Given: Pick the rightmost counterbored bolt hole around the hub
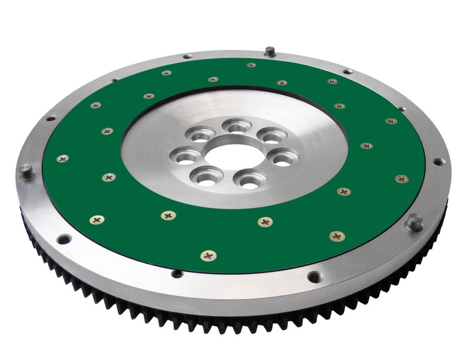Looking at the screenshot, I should pos(284,158).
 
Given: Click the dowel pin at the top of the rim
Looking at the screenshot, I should pos(268,51).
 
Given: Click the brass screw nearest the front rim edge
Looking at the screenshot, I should pos(208,255).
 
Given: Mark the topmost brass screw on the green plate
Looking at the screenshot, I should pos(251,65).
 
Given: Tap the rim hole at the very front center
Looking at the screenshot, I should pos(176,273).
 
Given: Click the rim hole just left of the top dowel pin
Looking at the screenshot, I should pos(187,56).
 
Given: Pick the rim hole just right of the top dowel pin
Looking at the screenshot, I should pos(347,71).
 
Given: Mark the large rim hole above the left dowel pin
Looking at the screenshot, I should pos(51,118).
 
